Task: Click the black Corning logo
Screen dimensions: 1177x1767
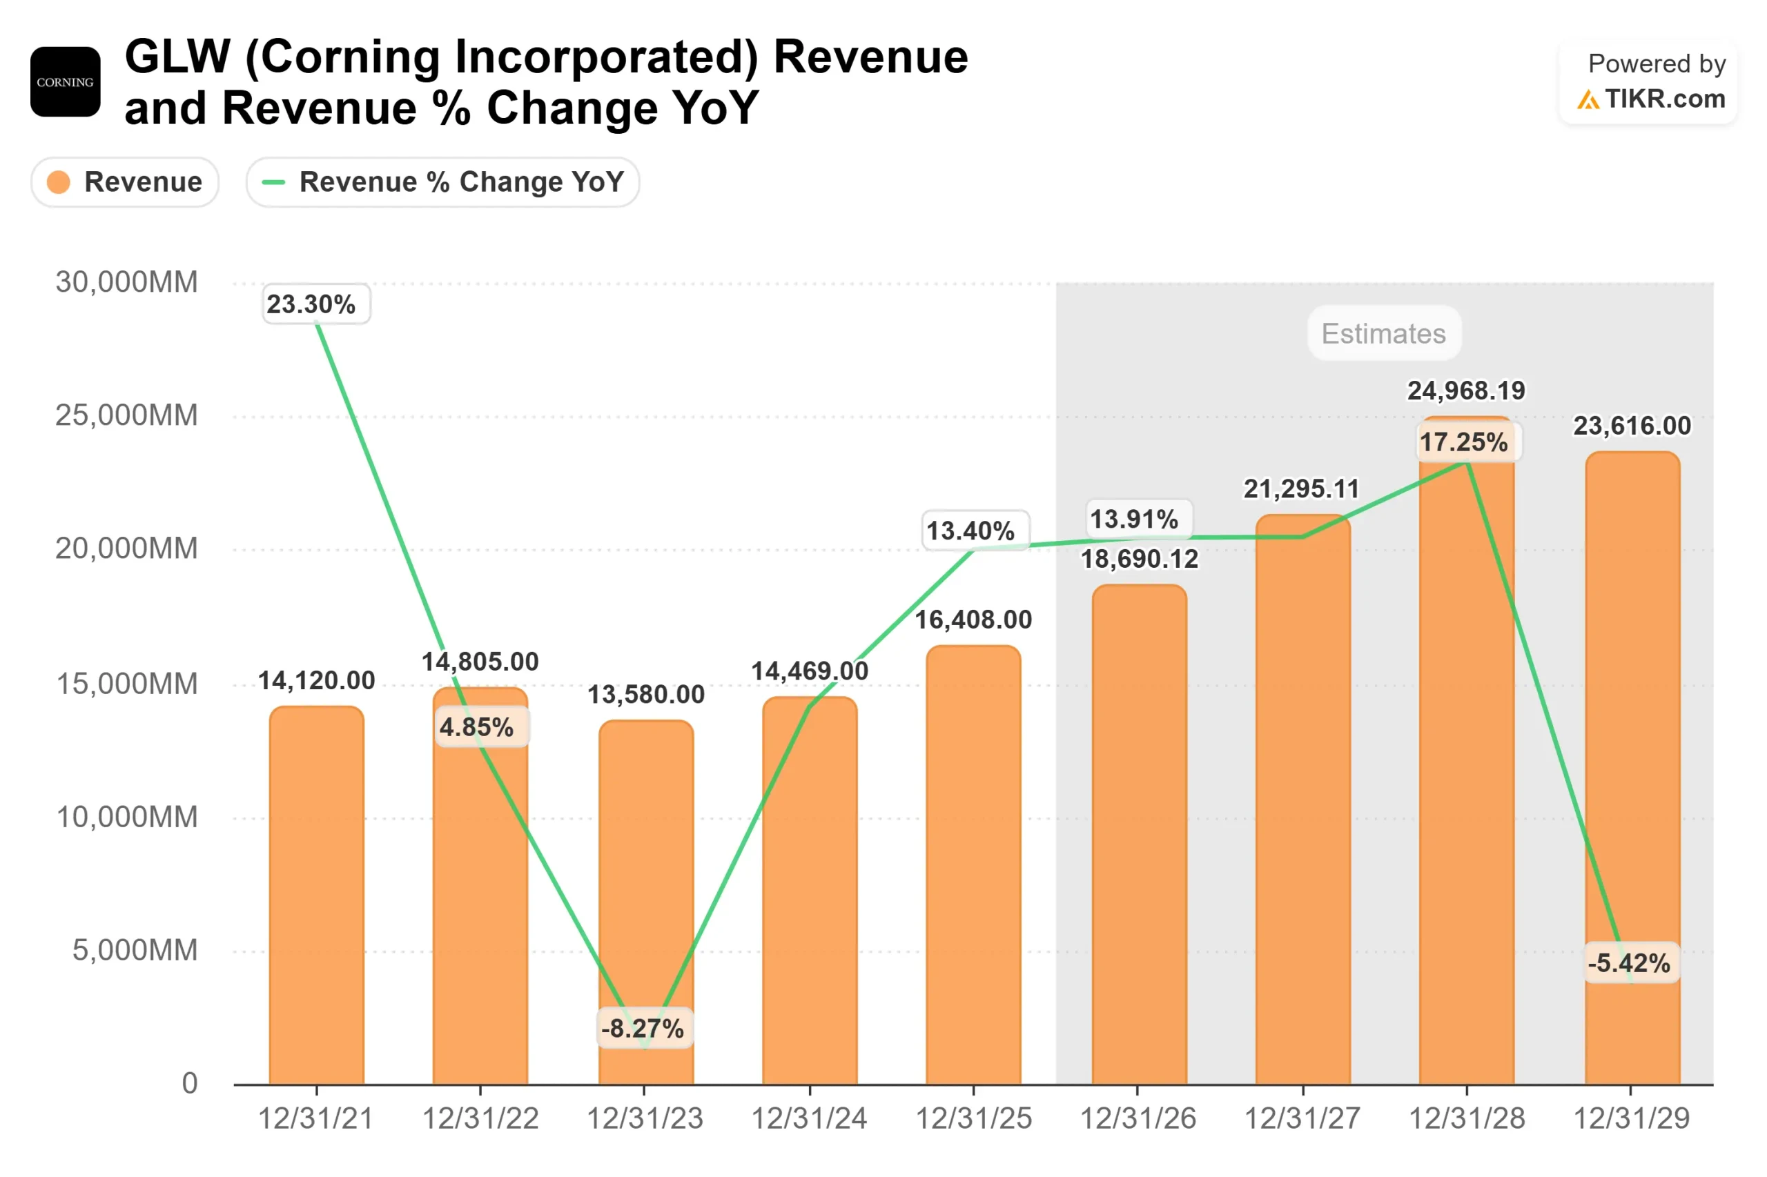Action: tap(66, 82)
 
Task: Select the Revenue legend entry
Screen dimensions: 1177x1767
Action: tap(125, 181)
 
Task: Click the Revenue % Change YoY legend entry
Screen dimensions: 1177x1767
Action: tap(442, 181)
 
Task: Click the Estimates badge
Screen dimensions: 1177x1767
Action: tap(1383, 333)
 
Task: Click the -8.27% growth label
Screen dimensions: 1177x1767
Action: tap(643, 1027)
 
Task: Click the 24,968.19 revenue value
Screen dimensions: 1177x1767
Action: tap(1465, 390)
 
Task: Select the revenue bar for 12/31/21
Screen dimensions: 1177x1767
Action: tap(316, 901)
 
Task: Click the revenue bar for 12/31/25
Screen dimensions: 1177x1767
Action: tap(973, 863)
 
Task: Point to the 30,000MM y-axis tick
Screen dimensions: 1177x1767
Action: tap(126, 282)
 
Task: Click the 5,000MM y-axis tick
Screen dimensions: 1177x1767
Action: tap(135, 950)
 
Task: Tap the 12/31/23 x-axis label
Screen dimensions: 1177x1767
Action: tap(643, 1118)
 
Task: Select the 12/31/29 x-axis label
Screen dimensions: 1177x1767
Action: tap(1630, 1118)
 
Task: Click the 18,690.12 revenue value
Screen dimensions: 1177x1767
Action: tap(1138, 558)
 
